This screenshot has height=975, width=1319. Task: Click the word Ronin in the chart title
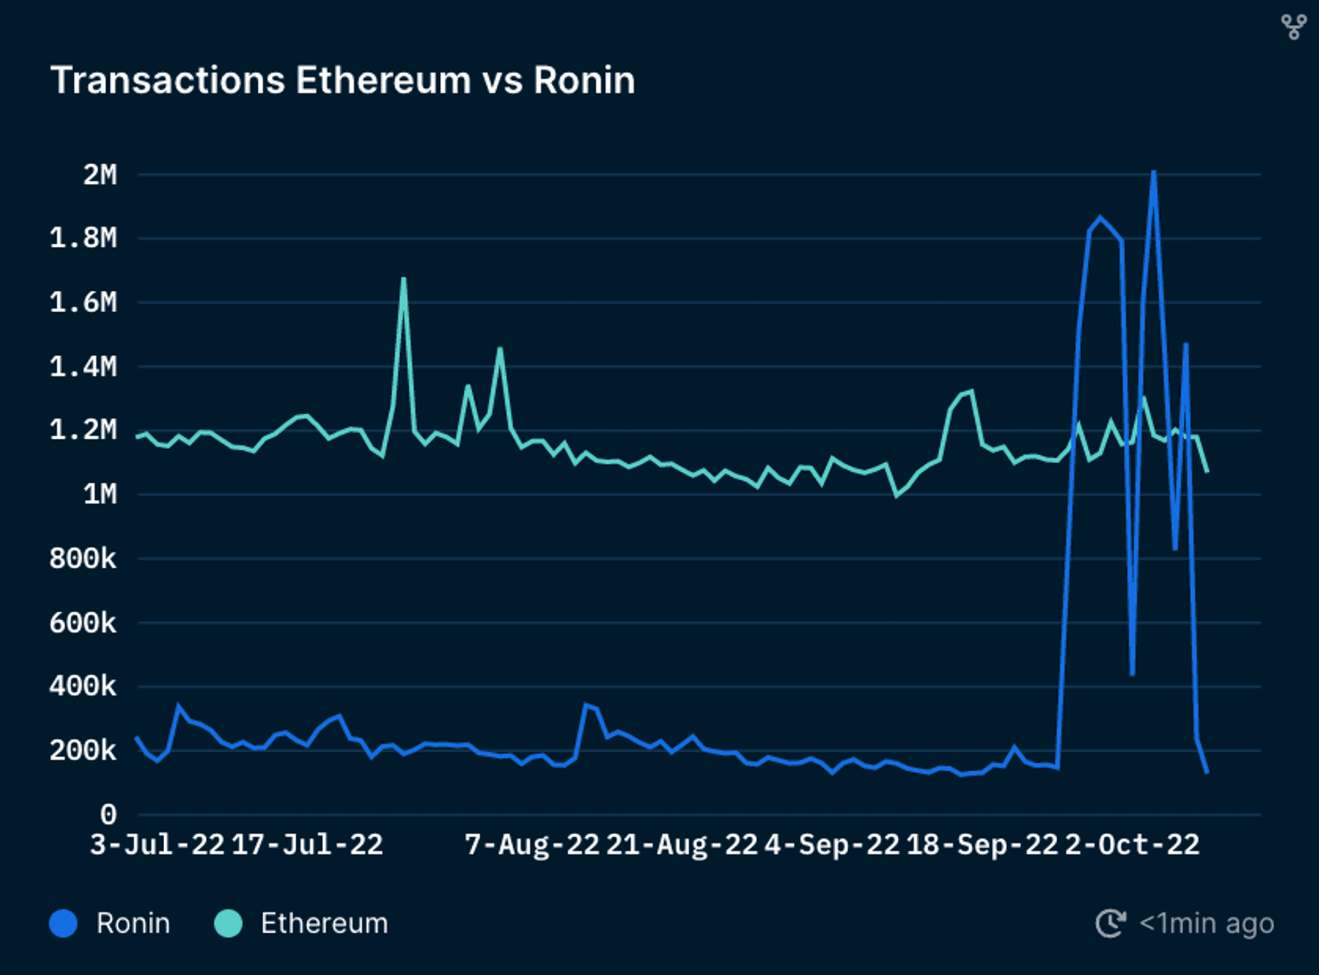[x=584, y=80]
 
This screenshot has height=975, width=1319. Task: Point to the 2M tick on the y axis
[x=100, y=175]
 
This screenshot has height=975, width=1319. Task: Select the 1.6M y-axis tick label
[x=83, y=302]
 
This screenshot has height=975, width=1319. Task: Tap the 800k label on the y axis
[x=83, y=558]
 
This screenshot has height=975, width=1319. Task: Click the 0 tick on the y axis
[x=108, y=815]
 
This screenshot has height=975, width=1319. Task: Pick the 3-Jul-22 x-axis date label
[x=157, y=845]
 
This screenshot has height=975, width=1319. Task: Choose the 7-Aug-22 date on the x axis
[x=532, y=845]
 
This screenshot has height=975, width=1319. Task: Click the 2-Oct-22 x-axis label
[x=1132, y=845]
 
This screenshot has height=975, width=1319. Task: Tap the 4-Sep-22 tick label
[x=832, y=845]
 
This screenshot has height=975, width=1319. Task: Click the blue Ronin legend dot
[x=63, y=923]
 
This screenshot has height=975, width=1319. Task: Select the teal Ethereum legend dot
[x=228, y=923]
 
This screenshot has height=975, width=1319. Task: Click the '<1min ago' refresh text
[x=1206, y=923]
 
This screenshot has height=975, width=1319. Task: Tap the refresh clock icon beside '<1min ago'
[x=1111, y=923]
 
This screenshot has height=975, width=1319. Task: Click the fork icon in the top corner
[x=1293, y=27]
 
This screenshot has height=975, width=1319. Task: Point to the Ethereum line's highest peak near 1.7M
[x=404, y=279]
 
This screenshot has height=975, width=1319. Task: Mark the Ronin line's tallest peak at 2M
[x=1153, y=172]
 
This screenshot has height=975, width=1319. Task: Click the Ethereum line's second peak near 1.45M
[x=501, y=348]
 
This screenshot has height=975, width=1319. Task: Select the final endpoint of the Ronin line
[x=1207, y=772]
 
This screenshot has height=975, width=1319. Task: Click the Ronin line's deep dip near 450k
[x=1132, y=674]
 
